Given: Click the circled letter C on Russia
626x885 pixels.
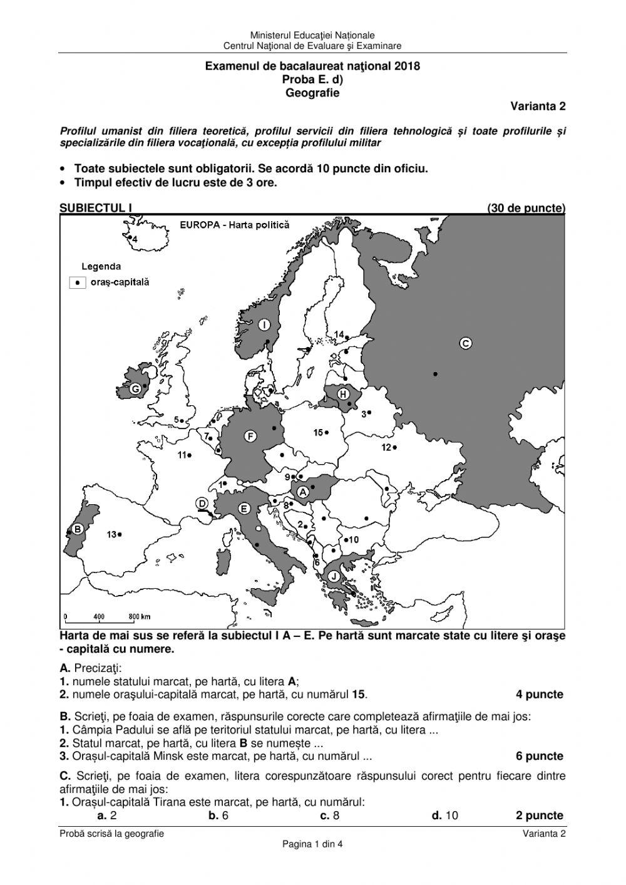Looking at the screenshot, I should pos(465,343).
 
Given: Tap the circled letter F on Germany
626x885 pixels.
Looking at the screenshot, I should pos(250,436).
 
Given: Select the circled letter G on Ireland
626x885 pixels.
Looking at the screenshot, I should pos(135,389).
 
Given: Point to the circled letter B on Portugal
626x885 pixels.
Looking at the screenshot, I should pos(77,529).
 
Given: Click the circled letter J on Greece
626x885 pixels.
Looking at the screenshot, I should pos(334,576).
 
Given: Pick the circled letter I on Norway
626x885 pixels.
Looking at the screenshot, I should pos(265,324).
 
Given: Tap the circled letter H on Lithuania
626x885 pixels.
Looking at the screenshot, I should pos(343,394).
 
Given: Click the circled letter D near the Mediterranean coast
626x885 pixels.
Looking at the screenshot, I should pos(202,503).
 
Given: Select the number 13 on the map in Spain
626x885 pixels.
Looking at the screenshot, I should pos(111,534).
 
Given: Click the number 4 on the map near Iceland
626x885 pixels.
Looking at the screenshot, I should pos(134,239).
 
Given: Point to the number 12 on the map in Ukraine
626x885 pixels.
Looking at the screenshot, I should pos(386,447).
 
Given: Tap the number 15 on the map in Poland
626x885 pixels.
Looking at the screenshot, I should pos(318,433).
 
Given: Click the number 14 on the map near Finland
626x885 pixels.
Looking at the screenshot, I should pos(339,334).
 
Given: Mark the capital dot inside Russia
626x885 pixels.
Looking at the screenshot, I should pos(435,374).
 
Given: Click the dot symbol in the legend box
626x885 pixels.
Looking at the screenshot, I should pos(78,282).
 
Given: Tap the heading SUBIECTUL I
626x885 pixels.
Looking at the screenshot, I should pos(96,208).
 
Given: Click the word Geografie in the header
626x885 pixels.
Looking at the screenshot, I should pos(312,93).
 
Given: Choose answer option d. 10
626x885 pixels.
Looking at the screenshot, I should pos(445,815).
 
